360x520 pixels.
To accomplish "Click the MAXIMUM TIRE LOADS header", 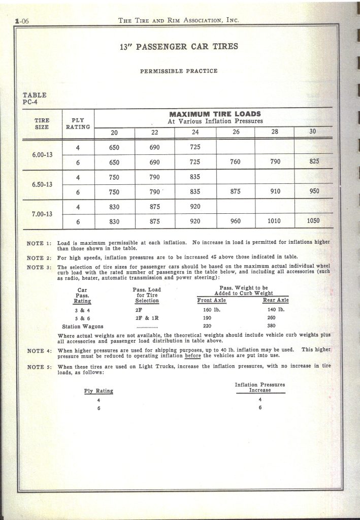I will click(215, 114).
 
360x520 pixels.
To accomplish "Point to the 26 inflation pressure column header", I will click(236, 132).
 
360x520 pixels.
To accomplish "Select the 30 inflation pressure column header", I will click(313, 132).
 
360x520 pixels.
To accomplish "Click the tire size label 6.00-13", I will click(42, 155).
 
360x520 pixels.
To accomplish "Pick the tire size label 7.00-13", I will click(42, 214).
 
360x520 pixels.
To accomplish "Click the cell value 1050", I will click(313, 221).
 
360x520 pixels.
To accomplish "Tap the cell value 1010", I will click(275, 221).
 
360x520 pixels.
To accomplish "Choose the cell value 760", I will click(236, 162).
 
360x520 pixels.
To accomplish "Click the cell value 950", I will click(313, 192).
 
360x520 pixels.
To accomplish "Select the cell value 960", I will click(236, 221).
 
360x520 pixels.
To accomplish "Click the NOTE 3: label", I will click(39, 267).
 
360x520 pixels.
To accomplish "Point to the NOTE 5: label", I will click(39, 366).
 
